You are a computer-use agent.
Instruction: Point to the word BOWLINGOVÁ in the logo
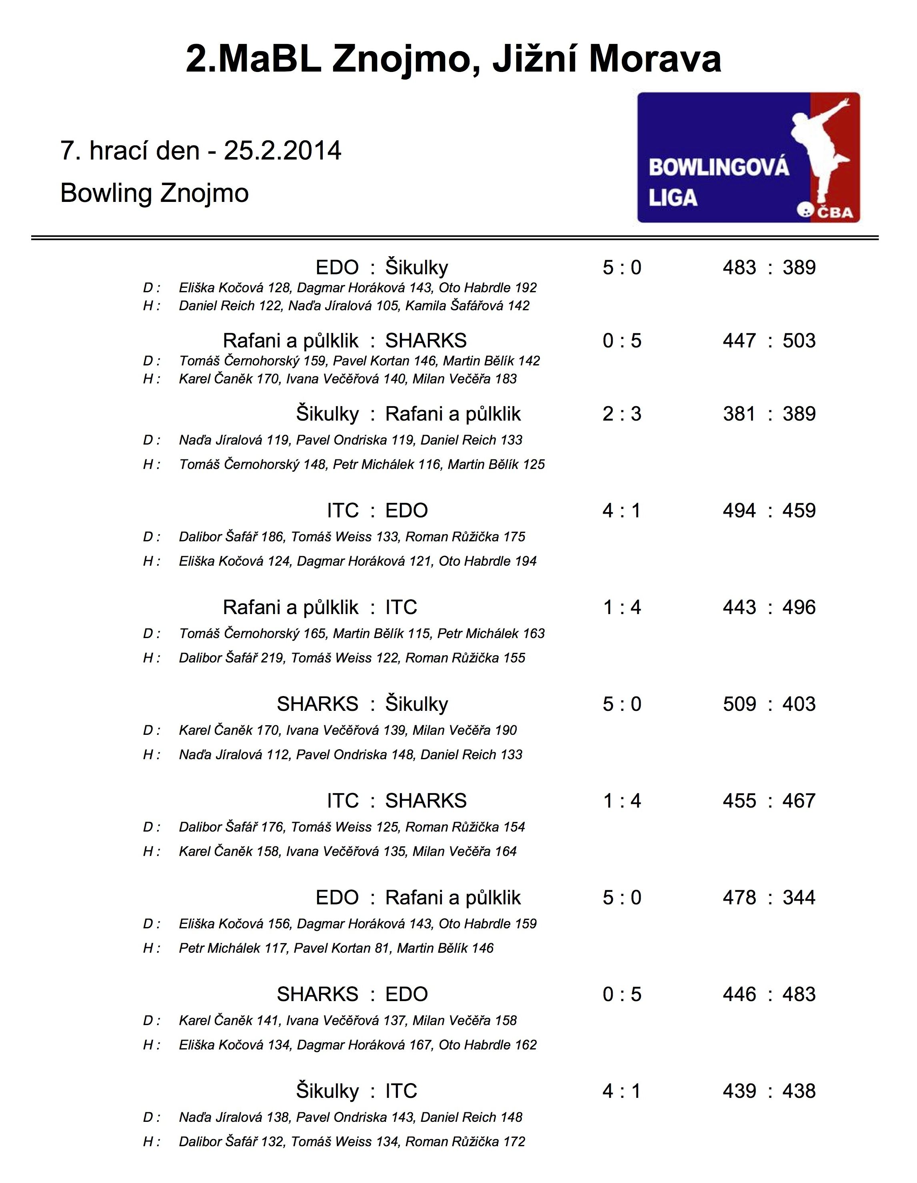point(719,168)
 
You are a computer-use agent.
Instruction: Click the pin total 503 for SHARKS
point(799,341)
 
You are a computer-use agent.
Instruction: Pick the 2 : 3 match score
point(621,414)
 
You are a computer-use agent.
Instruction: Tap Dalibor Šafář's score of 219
point(273,658)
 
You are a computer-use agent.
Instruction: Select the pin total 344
point(799,898)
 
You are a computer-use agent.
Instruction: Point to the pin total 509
point(739,704)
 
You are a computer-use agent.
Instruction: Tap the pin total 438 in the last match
point(799,1091)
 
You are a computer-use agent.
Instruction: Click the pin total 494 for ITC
point(739,510)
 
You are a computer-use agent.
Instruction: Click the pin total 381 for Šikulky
point(739,414)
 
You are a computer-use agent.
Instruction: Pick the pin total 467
point(799,800)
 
